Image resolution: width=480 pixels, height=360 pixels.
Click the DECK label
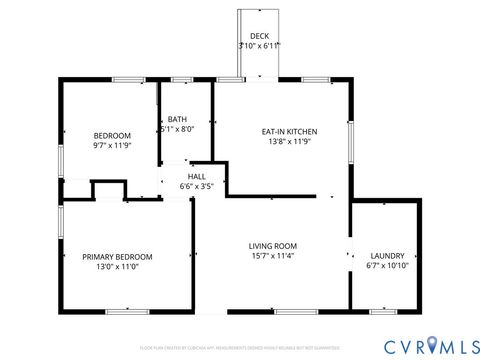[x=259, y=35]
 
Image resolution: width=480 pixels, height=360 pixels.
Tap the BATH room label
[x=177, y=118]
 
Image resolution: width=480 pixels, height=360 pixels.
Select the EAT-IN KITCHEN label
[x=289, y=131]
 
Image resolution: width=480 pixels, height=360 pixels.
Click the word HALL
[x=197, y=176]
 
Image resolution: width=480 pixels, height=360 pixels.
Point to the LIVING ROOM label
[x=273, y=246]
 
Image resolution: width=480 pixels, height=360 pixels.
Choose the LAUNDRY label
[x=386, y=256]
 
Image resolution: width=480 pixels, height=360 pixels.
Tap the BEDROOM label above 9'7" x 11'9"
[x=112, y=136]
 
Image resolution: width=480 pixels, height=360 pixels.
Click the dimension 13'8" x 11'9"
[x=289, y=142]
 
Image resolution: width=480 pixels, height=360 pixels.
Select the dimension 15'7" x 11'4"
[x=273, y=257]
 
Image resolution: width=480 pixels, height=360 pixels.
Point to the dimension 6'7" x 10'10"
[x=386, y=267]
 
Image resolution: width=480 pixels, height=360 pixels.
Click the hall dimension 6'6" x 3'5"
[x=197, y=186]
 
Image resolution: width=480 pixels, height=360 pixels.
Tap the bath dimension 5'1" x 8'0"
[x=177, y=128]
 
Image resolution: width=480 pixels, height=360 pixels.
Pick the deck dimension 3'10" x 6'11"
[x=259, y=45]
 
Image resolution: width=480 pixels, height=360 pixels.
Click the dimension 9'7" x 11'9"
[x=112, y=146]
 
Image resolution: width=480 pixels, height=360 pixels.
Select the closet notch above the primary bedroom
[x=105, y=190]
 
